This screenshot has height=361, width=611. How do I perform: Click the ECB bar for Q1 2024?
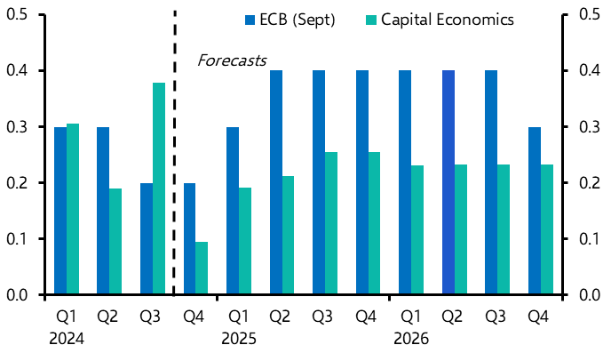click(60, 211)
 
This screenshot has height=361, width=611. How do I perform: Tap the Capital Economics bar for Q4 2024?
click(202, 268)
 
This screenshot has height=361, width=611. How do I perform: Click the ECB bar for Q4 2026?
click(535, 211)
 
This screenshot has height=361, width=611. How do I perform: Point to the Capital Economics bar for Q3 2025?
click(331, 223)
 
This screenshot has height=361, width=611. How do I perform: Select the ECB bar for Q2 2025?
click(276, 182)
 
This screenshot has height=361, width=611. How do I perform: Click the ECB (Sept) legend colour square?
click(250, 20)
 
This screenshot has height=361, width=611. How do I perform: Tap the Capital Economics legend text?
click(447, 20)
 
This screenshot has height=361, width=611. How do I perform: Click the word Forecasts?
click(232, 61)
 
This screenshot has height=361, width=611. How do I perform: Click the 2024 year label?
click(66, 339)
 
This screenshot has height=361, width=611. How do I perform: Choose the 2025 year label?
click(238, 339)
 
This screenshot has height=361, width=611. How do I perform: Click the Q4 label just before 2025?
click(194, 317)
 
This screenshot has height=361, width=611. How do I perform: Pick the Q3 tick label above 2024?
click(152, 317)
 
